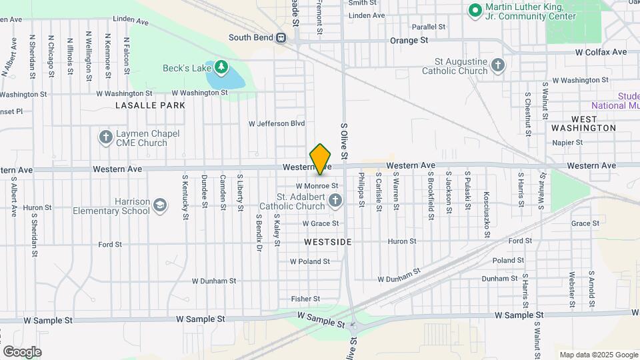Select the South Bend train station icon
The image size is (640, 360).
[281, 38]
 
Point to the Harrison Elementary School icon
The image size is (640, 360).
[159, 205]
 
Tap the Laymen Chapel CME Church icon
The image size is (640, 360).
[105, 138]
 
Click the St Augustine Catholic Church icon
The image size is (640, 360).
[497, 65]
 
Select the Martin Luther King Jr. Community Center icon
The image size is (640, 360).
[475, 11]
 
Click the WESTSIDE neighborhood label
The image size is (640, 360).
[327, 241]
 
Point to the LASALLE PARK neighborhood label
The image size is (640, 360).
[150, 105]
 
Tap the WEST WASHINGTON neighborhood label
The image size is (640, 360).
[584, 123]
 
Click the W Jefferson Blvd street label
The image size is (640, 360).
[276, 123]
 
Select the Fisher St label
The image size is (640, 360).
[305, 299]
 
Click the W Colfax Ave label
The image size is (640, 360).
[601, 52]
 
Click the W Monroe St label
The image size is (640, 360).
[317, 185]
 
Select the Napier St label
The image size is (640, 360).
[567, 142]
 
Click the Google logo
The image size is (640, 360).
[22, 351]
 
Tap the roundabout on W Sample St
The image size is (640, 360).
[354, 326]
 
